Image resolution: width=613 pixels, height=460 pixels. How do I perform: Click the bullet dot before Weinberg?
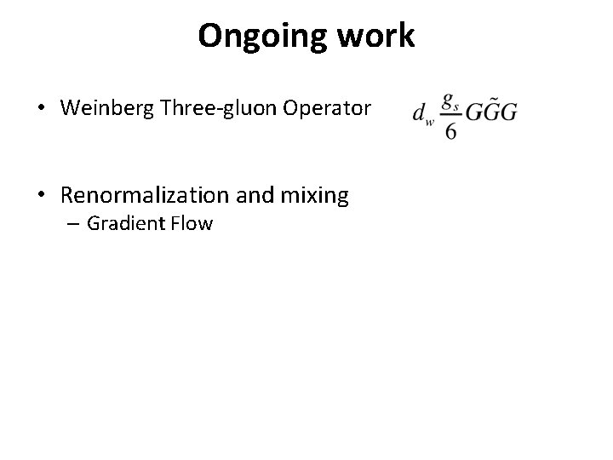click(40, 109)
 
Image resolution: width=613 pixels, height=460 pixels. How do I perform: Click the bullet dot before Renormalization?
click(40, 196)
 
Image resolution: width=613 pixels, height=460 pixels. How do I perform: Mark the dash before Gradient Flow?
click(74, 226)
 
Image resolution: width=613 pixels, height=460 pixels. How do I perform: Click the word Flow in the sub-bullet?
click(192, 226)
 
